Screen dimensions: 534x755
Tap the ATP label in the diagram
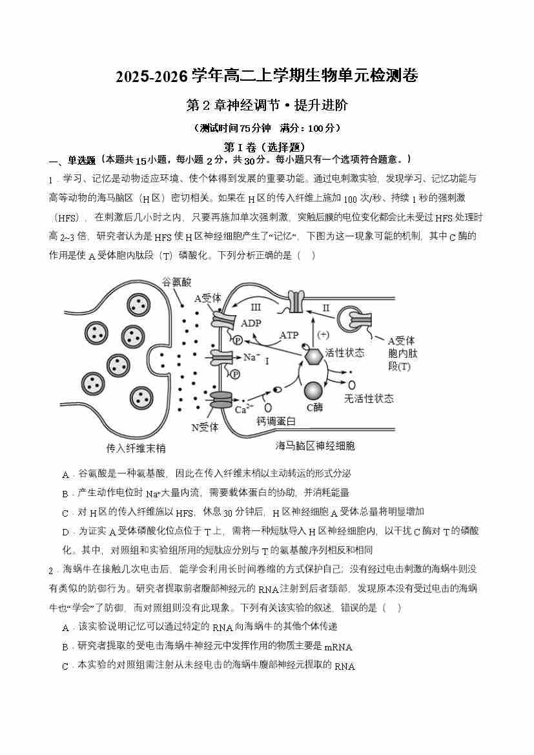point(289,335)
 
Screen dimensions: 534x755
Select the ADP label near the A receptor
point(251,323)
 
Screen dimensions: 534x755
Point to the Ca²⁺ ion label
point(243,409)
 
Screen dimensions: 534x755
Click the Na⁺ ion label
point(251,357)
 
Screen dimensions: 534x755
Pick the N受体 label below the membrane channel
point(205,427)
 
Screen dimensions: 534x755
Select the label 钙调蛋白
point(276,422)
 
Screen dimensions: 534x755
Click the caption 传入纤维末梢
point(136,448)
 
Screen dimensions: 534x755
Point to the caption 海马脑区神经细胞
point(315,446)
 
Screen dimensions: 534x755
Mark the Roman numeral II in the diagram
point(326,307)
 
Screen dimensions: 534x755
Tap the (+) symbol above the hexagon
point(322,334)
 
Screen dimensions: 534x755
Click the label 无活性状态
point(369,398)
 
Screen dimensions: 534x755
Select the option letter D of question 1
point(65,532)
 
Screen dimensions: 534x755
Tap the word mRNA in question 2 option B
point(338,647)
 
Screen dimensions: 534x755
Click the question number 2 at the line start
point(51,570)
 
